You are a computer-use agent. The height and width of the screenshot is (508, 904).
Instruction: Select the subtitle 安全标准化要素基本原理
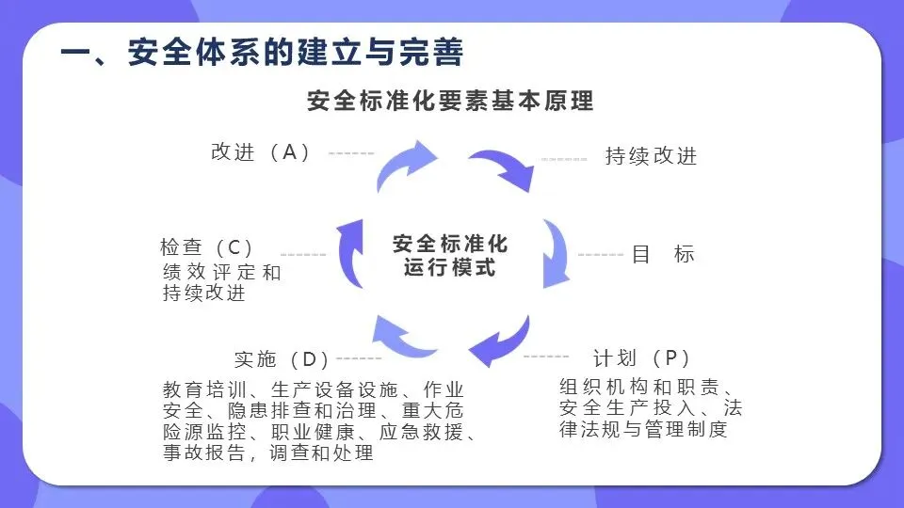coord(450,100)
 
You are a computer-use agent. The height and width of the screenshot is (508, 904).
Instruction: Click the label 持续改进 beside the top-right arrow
coord(651,156)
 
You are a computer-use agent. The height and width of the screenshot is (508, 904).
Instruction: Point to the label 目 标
coord(663,254)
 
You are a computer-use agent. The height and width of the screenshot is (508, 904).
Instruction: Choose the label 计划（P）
coord(642,358)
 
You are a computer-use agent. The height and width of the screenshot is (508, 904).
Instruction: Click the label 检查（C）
coord(208,248)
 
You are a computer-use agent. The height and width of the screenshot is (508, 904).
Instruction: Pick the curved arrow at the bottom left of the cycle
coord(403,336)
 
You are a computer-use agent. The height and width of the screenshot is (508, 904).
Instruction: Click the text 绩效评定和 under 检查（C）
coord(221,274)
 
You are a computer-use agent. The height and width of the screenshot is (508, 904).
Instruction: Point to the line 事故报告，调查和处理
coord(268,453)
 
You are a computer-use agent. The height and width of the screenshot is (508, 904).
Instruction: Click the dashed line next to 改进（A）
coord(351,153)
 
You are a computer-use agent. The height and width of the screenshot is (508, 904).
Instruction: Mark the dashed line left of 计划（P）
coord(546,357)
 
